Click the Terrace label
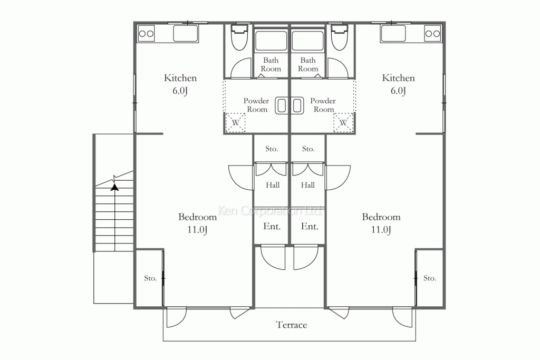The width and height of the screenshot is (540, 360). coord(291,325)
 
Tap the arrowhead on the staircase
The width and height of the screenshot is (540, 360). coord(114,187)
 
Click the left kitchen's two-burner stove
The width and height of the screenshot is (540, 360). coord(146,34)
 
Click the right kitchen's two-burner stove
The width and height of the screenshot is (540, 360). coord(432,33)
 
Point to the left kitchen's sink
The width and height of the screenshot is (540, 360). coord(185,33)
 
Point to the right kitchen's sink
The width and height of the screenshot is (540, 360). coord(393,33)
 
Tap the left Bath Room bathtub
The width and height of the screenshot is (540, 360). coord(271,41)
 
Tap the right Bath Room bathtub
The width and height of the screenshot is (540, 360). coord(307,41)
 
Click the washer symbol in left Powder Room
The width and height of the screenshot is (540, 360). coord(236,122)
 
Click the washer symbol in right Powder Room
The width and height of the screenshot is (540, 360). coord(343,122)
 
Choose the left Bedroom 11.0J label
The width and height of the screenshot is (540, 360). coord(197,223)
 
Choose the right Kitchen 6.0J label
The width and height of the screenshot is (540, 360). coord(398,84)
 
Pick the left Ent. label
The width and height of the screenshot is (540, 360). coord(272,227)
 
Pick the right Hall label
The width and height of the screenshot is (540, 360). coord(307,185)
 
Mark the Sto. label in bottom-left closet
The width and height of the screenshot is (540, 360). coord(150,278)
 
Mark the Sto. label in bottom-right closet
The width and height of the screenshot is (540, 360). coord(429,278)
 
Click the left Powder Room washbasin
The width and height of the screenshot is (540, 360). coord(282,105)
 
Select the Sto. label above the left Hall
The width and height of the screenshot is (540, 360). coord(272,149)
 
